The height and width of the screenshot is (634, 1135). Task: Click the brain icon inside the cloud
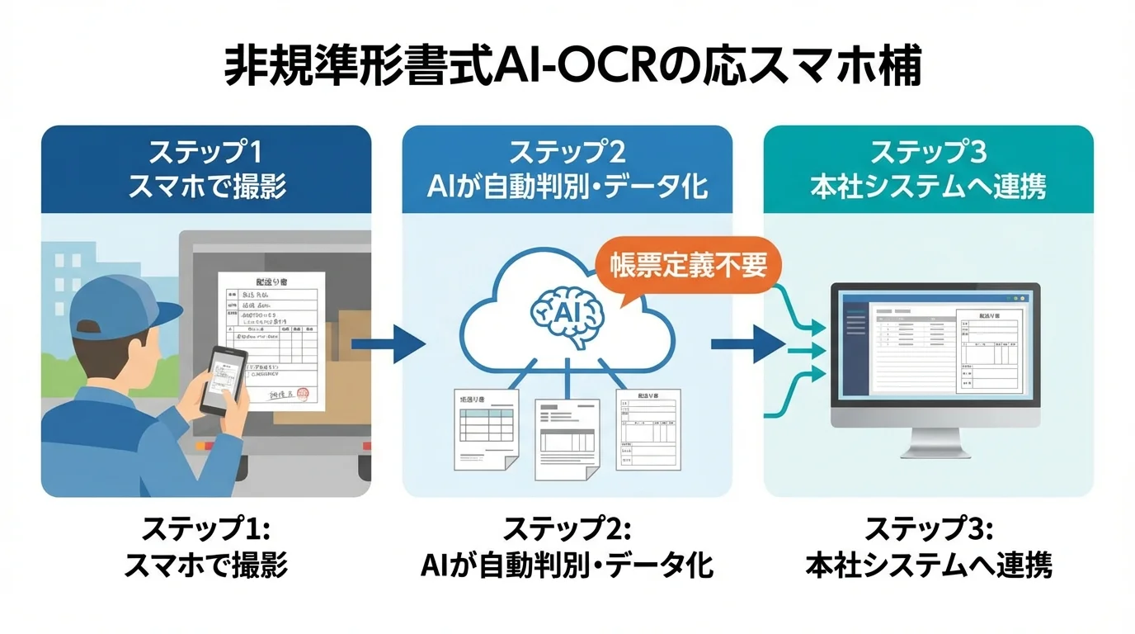[567, 313]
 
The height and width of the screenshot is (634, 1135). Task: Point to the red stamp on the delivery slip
[304, 395]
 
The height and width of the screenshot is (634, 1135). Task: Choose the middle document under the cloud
[567, 438]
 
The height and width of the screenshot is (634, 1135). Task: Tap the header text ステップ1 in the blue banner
[206, 153]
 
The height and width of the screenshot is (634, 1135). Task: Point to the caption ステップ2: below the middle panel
[567, 529]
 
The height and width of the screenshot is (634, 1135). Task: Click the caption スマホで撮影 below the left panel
[206, 566]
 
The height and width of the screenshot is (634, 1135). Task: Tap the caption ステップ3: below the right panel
[928, 529]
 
